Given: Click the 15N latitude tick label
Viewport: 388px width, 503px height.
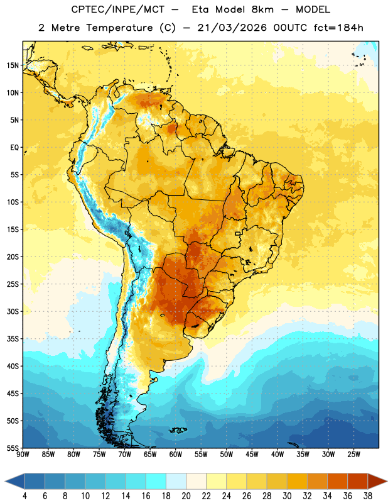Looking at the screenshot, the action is coord(13,65).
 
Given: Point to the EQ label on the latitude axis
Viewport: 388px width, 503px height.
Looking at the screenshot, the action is coord(14,148).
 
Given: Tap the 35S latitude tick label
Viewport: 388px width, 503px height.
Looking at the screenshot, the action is coord(13,339).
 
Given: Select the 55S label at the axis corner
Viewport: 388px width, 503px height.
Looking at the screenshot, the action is coord(13,448).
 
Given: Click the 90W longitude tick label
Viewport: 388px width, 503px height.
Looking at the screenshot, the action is coord(23,455).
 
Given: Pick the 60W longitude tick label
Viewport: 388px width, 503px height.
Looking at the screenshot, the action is coord(176,455).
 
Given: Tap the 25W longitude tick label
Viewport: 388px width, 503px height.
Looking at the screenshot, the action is coord(353,455).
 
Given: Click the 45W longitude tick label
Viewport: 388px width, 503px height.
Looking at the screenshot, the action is coord(252,455).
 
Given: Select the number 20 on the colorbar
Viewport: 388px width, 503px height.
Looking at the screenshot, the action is coord(186,496).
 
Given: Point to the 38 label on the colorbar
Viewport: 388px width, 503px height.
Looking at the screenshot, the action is coord(368,496).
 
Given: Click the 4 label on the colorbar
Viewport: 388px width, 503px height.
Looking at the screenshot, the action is coord(24,496).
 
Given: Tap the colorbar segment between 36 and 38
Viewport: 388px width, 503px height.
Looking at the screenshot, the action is coord(358,481).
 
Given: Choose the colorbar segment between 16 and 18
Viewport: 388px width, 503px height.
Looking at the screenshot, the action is coord(156,481).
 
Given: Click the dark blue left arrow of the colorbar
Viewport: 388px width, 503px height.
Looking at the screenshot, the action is coord(15,481).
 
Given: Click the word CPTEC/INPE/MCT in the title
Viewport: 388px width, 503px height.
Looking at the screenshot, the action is coord(117,9).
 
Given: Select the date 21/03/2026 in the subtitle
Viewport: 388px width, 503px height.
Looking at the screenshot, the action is coord(232,28).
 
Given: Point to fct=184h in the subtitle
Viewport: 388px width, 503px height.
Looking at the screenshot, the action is coord(338,28).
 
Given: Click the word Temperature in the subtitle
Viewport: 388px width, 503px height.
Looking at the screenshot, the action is coord(119,28).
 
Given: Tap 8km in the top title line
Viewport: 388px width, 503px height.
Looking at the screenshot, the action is coord(262,9).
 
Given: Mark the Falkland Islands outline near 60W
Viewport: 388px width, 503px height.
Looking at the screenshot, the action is coord(178,430).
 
